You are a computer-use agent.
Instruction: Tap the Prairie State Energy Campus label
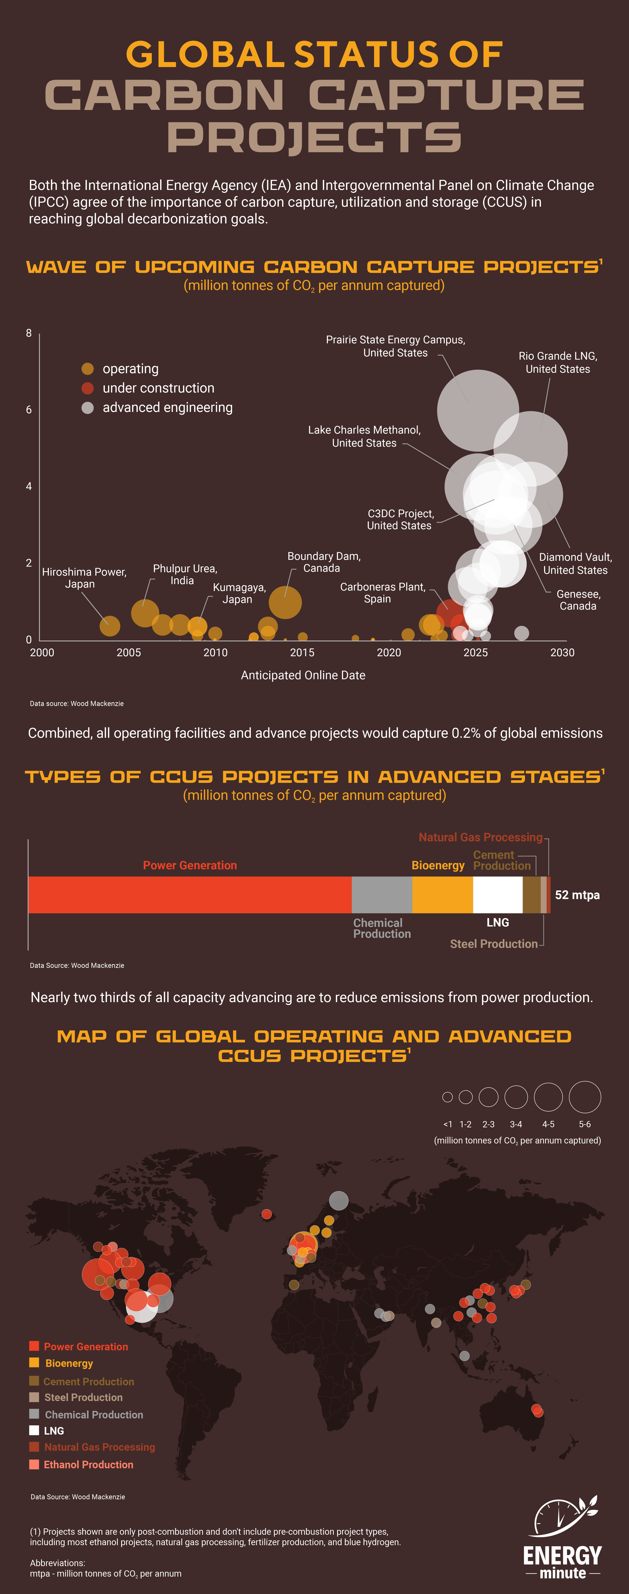pyautogui.click(x=396, y=346)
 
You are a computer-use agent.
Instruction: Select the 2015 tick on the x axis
pyautogui.click(x=302, y=652)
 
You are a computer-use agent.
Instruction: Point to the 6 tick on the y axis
pyautogui.click(x=29, y=410)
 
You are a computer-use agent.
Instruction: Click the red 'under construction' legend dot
pyautogui.click(x=87, y=388)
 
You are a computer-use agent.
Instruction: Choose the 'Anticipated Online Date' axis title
pyautogui.click(x=303, y=675)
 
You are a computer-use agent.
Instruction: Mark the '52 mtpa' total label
pyautogui.click(x=577, y=895)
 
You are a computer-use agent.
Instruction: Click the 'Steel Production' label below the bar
pyautogui.click(x=493, y=944)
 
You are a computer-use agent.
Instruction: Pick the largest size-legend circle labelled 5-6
pyautogui.click(x=584, y=1097)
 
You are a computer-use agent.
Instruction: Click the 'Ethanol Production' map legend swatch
pyautogui.click(x=34, y=1464)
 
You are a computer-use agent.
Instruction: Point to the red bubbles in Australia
pyautogui.click(x=537, y=1410)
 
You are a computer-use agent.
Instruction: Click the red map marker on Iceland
pyautogui.click(x=266, y=1214)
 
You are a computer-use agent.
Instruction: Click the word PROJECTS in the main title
pyautogui.click(x=314, y=137)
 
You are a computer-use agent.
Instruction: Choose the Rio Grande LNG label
pyautogui.click(x=557, y=362)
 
